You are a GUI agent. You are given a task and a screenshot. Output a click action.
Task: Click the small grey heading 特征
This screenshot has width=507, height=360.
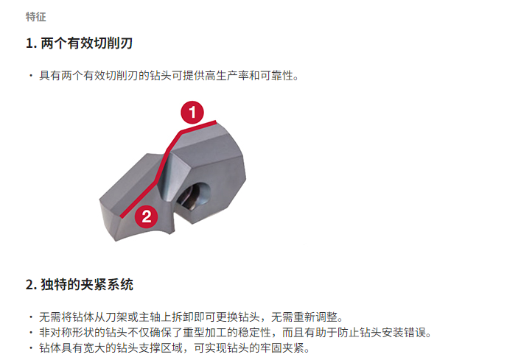(x=36, y=17)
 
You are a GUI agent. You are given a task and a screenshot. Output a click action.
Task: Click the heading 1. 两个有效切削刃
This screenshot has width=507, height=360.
(x=80, y=43)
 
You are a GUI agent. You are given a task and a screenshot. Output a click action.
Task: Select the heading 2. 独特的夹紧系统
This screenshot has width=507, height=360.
(x=80, y=284)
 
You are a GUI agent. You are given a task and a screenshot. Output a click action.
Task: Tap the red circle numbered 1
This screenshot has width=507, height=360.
(x=192, y=113)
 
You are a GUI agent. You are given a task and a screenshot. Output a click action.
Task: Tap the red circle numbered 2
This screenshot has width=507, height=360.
(x=147, y=216)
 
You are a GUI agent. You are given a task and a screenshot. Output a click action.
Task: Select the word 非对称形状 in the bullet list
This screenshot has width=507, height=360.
(x=66, y=332)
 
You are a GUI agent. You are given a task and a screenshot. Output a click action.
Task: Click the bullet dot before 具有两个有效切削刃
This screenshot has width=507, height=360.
(x=31, y=76)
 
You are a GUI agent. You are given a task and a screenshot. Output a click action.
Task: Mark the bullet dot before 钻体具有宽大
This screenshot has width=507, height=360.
(x=31, y=347)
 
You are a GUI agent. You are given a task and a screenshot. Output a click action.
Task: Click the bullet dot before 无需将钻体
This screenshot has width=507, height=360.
(x=31, y=317)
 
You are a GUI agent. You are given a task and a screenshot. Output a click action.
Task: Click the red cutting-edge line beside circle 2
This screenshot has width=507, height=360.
(x=140, y=199)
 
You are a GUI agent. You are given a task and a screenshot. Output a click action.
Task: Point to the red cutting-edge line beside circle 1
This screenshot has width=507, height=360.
(x=198, y=127)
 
